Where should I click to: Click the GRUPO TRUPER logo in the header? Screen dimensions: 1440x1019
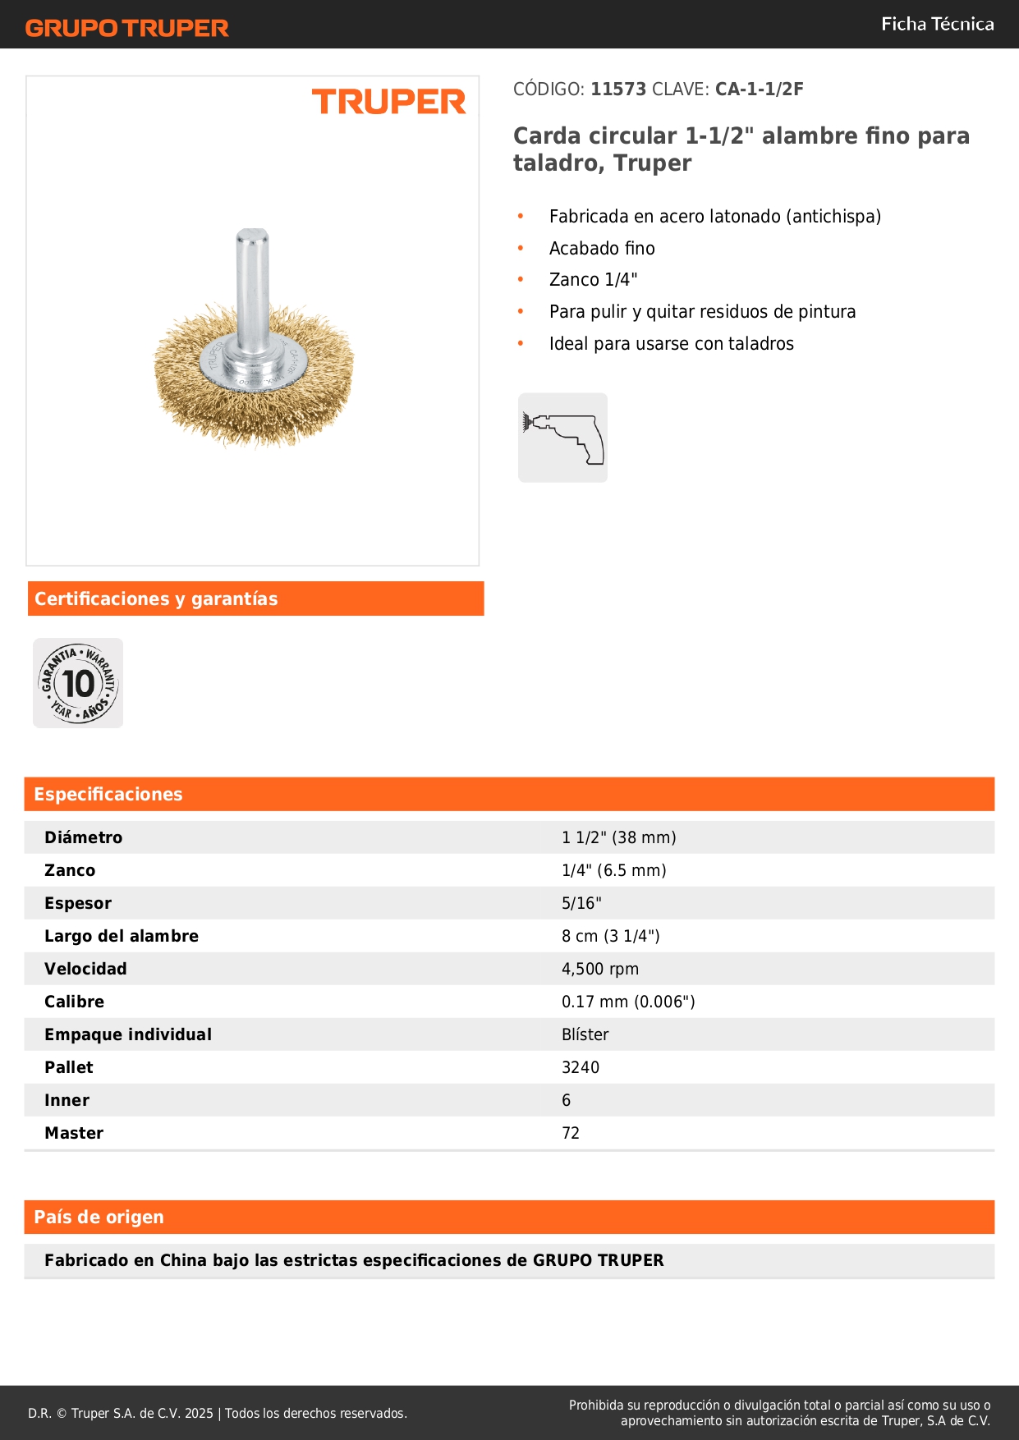[x=126, y=28]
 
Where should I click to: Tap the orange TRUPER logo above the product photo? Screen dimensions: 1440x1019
[x=388, y=102]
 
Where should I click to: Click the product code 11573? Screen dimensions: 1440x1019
[x=618, y=89]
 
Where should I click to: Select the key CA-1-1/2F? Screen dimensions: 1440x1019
[x=759, y=89]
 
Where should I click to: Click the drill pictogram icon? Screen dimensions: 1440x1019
[x=562, y=438]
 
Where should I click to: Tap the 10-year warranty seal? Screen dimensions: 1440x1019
[x=78, y=683]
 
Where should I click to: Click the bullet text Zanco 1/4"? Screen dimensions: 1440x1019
[x=593, y=280]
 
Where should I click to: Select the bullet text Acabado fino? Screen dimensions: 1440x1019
[x=602, y=249]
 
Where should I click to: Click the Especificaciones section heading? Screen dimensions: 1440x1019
[x=108, y=794]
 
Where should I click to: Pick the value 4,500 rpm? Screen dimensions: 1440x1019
[x=599, y=969]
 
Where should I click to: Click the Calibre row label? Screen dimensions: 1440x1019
[x=74, y=1002]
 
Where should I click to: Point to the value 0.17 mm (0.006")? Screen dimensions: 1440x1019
[x=628, y=1002]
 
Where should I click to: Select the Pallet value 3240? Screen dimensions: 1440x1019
[x=581, y=1067]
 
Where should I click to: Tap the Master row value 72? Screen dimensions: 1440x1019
[x=571, y=1133]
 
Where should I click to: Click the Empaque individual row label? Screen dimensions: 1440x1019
[x=128, y=1034]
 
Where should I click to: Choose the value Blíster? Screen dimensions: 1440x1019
[x=585, y=1034]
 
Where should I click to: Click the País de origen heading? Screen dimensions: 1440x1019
[x=99, y=1217]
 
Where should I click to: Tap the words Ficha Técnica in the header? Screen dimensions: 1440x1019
[x=937, y=24]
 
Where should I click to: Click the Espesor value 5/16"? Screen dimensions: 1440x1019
[x=581, y=903]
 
